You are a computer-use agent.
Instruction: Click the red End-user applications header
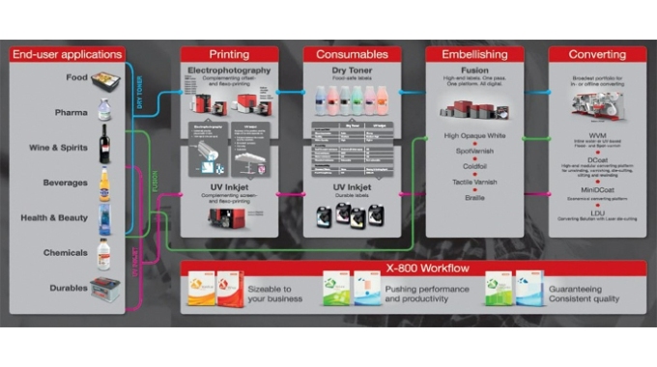(x=67, y=54)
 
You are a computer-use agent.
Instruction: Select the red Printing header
(x=229, y=54)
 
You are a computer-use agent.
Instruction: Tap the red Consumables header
(x=353, y=54)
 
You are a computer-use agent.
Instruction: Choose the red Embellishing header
(x=475, y=54)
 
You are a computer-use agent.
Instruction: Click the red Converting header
(x=597, y=54)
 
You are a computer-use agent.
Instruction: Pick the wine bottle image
(x=104, y=145)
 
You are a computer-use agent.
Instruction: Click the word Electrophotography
(x=229, y=71)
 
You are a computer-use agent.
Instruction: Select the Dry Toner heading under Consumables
(x=353, y=70)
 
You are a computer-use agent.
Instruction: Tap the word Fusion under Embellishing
(x=475, y=70)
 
